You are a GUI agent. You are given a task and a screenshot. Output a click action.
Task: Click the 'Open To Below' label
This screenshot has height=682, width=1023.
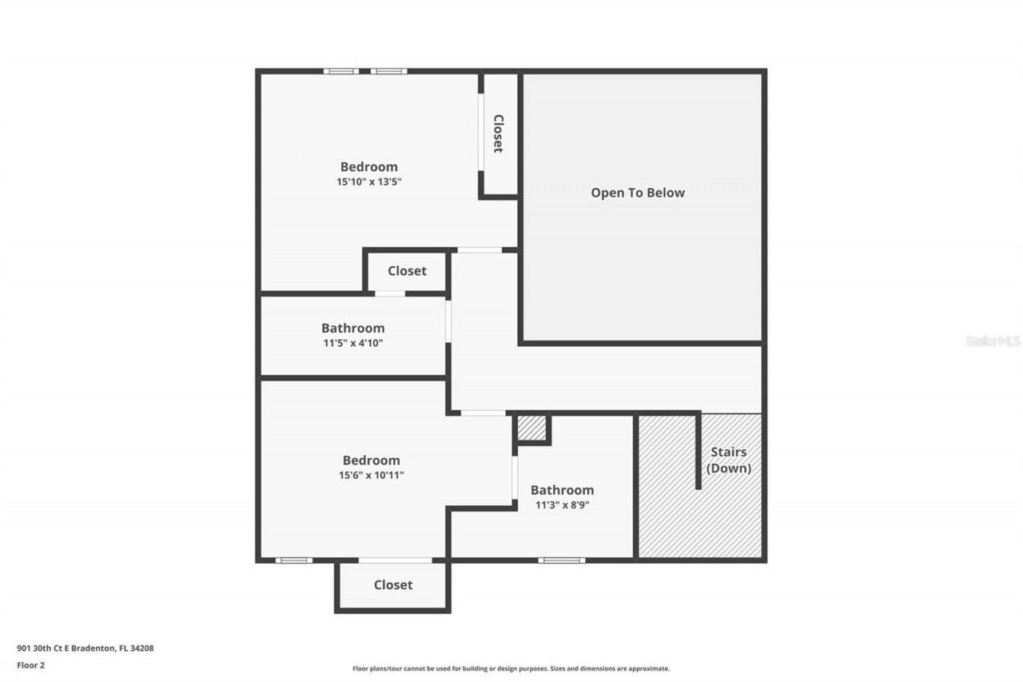[637, 193]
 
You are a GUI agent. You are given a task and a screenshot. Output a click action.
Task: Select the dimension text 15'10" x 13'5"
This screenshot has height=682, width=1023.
[368, 181]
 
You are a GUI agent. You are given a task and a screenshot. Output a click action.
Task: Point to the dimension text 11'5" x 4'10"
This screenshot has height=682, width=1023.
[352, 342]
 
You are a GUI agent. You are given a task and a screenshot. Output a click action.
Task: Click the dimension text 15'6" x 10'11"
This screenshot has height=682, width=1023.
[371, 475]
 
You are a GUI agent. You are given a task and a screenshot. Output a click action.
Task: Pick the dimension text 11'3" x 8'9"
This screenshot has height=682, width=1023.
[562, 505]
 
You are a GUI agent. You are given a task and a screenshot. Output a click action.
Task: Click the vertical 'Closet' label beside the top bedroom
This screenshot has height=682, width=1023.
[498, 134]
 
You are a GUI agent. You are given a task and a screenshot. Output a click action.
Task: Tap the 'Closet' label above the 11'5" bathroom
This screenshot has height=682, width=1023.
[407, 271]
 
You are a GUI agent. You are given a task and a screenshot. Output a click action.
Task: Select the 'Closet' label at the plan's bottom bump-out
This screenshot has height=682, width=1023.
[393, 585]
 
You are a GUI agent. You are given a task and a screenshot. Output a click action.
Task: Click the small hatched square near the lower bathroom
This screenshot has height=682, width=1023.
[531, 428]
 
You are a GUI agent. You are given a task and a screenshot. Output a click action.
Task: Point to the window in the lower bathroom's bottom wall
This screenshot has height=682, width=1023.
[561, 560]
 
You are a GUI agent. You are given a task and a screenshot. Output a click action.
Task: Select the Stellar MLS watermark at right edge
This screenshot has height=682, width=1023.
[993, 341]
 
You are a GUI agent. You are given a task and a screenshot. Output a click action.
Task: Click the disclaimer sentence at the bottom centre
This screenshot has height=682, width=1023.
[511, 668]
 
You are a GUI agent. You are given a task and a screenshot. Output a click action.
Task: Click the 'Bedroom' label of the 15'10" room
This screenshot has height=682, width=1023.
[368, 167]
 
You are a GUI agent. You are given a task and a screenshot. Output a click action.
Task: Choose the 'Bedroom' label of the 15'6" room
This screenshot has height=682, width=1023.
[371, 461]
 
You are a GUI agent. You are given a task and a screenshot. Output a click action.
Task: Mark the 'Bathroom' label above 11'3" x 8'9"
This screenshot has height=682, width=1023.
[562, 490]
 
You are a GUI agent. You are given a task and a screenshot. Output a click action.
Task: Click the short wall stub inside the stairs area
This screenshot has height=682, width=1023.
[699, 452]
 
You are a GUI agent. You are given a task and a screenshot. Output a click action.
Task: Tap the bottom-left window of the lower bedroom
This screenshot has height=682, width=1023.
[294, 560]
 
